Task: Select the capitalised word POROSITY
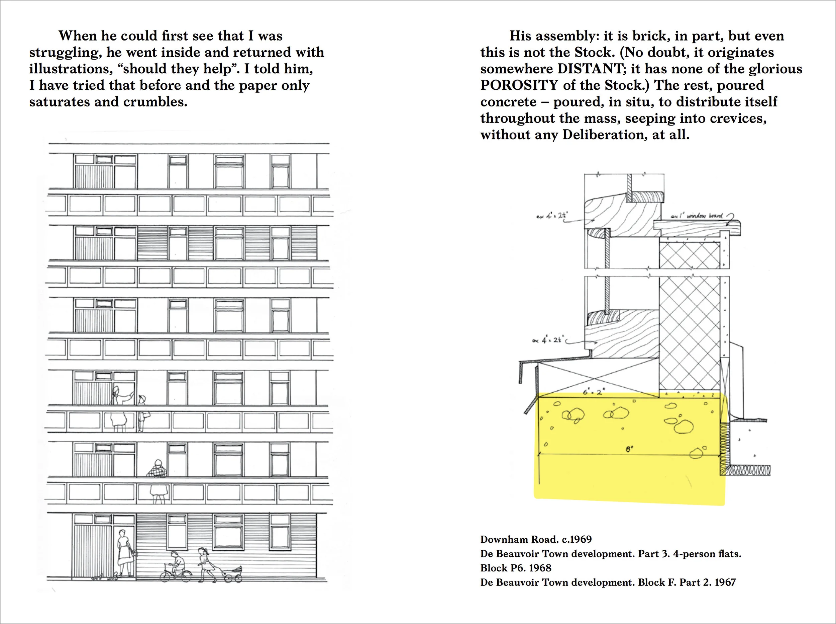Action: coord(519,85)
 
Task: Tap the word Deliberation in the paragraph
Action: coord(602,135)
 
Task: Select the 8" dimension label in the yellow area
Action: coord(629,450)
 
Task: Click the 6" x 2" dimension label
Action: coord(594,392)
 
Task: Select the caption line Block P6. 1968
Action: coord(516,568)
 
